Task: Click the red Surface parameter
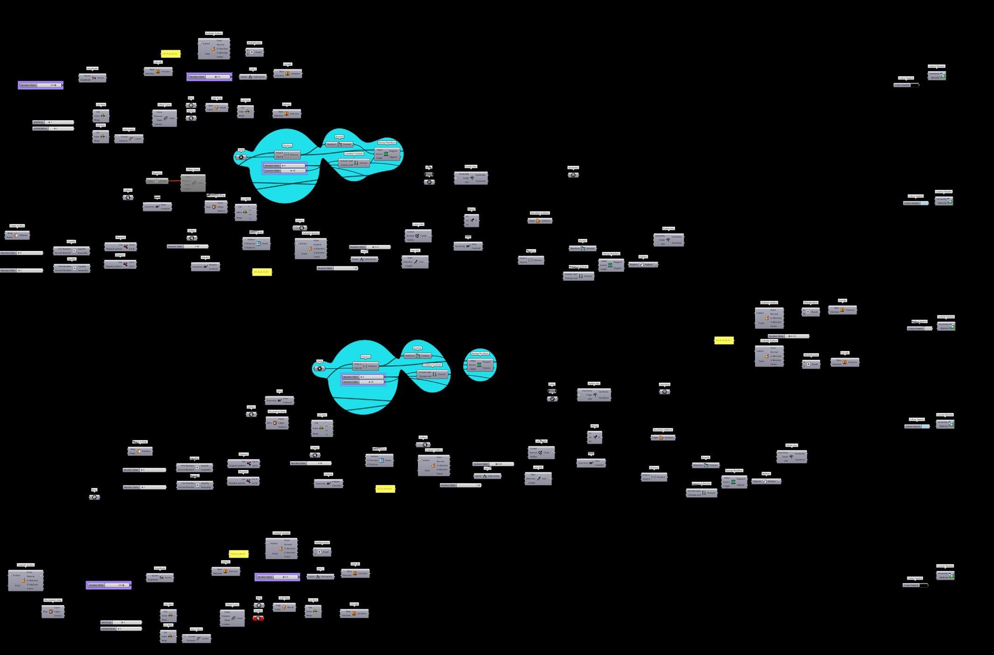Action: tap(258, 618)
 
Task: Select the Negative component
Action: tap(157, 181)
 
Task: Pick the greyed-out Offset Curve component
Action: tap(193, 183)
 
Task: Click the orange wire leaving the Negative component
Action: tap(175, 181)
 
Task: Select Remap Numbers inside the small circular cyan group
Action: tap(480, 365)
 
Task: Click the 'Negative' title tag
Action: tap(157, 173)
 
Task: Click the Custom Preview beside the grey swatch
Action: tap(945, 326)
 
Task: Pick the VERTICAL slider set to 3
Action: tap(121, 622)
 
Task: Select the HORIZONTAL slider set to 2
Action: tap(53, 128)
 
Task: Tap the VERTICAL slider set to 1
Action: tap(53, 122)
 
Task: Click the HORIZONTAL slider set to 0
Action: tap(121, 629)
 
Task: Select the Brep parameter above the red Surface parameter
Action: tap(260, 605)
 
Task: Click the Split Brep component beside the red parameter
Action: tap(284, 607)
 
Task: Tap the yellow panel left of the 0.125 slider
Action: tap(724, 341)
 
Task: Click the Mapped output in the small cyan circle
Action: tap(487, 362)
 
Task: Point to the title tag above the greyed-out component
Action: tap(193, 170)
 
